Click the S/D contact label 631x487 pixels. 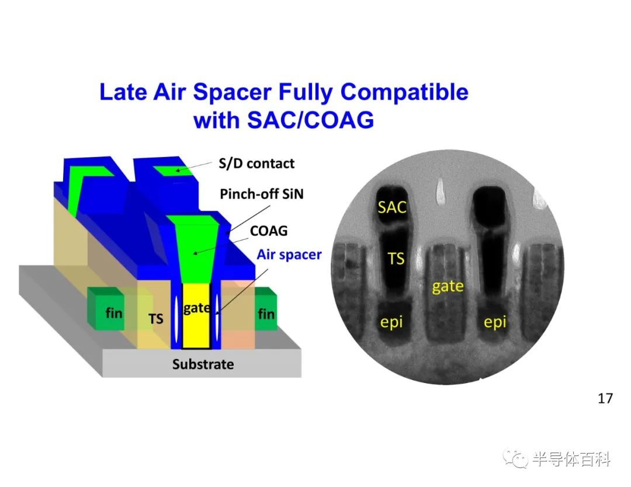pyautogui.click(x=256, y=164)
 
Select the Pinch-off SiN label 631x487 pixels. pyautogui.click(x=262, y=194)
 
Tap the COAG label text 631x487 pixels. pyautogui.click(x=269, y=231)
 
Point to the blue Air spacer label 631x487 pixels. pyautogui.click(x=289, y=255)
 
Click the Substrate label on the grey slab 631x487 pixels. pyautogui.click(x=203, y=364)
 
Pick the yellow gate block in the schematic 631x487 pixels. pyautogui.click(x=196, y=316)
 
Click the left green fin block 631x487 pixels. pyautogui.click(x=105, y=309)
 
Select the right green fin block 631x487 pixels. pyautogui.click(x=266, y=309)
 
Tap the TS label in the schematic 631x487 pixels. pyautogui.click(x=156, y=319)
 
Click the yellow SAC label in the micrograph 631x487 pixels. pyautogui.click(x=391, y=207)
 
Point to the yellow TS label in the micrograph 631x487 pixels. pyautogui.click(x=396, y=259)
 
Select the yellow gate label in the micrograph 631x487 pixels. pyautogui.click(x=448, y=287)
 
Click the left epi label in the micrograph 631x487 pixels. pyautogui.click(x=391, y=322)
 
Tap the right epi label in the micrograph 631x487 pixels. pyautogui.click(x=495, y=322)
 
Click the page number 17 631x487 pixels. pyautogui.click(x=605, y=398)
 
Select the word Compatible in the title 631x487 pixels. pyautogui.click(x=404, y=93)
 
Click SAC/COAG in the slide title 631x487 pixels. pyautogui.click(x=310, y=120)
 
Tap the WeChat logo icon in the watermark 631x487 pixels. pyautogui.click(x=515, y=458)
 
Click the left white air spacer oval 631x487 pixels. pyautogui.click(x=176, y=316)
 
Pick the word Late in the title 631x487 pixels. pyautogui.click(x=123, y=92)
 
